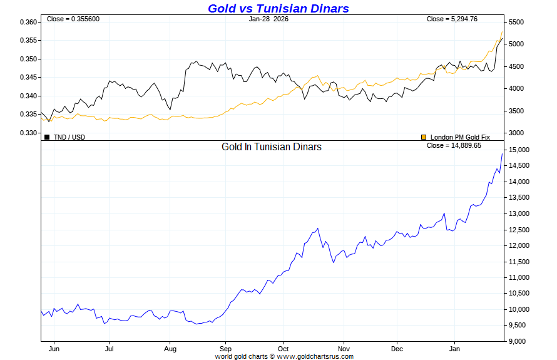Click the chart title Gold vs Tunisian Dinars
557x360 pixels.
[278, 8]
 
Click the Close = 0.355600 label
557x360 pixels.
[73, 19]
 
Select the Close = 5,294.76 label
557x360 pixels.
[452, 19]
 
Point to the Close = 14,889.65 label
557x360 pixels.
[454, 145]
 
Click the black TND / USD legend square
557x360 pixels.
[47, 136]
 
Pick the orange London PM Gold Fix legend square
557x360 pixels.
[424, 136]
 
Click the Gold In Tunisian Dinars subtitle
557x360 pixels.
[272, 147]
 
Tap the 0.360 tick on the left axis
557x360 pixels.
[28, 22]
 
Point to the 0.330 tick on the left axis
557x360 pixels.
[28, 133]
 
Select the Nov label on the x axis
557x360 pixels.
[343, 348]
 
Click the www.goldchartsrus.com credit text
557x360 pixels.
[315, 356]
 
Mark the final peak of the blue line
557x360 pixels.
[502, 153]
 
